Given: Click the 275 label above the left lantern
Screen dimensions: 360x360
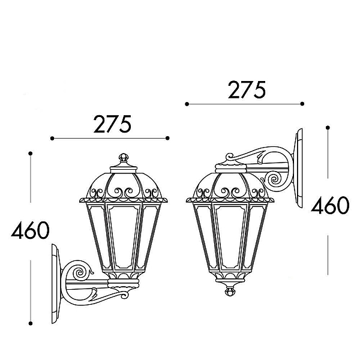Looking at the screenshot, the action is [x=112, y=124].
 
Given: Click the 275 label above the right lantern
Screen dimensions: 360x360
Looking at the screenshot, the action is [x=247, y=90].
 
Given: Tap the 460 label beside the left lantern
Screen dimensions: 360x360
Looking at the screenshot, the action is [x=30, y=230].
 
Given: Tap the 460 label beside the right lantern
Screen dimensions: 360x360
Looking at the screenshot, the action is [x=330, y=205].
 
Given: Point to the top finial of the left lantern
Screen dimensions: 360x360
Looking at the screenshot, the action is [x=124, y=157].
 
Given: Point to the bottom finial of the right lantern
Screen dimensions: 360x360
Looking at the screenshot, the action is [x=230, y=291].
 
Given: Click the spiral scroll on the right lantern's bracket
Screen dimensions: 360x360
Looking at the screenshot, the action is [x=274, y=179].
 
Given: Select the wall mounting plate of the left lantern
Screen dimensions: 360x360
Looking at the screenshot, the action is [x=56, y=284].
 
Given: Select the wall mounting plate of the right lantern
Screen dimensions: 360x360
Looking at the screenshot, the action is [x=298, y=168].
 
